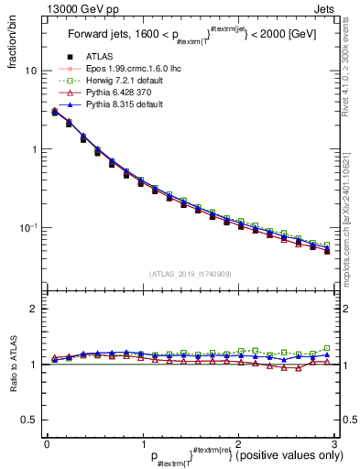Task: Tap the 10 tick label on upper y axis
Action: coord(31,71)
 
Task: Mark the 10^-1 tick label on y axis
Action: coord(29,227)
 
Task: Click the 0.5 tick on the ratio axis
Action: coord(29,420)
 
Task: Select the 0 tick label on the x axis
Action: coord(47,444)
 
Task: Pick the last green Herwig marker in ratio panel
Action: coord(327,348)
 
